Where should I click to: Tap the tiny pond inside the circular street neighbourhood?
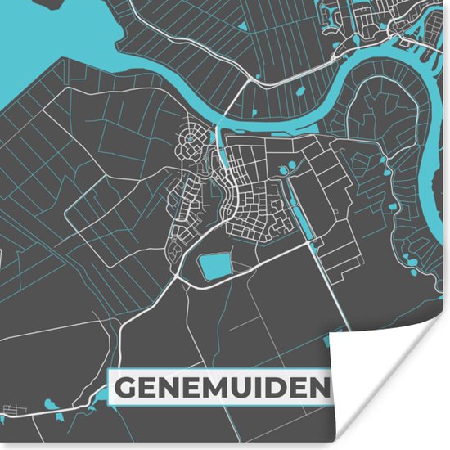[x=190, y=140]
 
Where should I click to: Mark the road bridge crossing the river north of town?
[x=218, y=124]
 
